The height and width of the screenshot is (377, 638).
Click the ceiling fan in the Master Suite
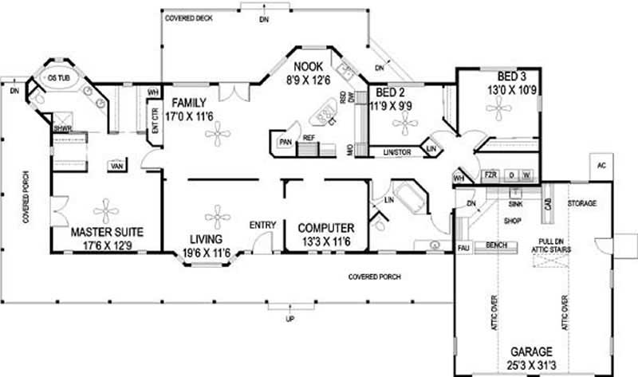point(105,211)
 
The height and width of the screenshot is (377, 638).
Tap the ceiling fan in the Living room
point(215,216)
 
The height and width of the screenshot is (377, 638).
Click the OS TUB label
point(57,79)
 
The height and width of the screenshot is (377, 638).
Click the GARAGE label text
point(532,351)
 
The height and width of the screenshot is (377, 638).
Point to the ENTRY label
point(262,226)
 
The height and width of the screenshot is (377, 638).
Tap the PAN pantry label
point(285,142)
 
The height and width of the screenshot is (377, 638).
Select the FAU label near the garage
point(463,249)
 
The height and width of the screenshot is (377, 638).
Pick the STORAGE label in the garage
point(581,204)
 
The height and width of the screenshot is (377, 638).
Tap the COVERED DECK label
point(188,17)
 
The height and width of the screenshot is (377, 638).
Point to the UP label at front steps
point(290,319)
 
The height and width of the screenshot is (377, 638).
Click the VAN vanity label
point(116,167)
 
